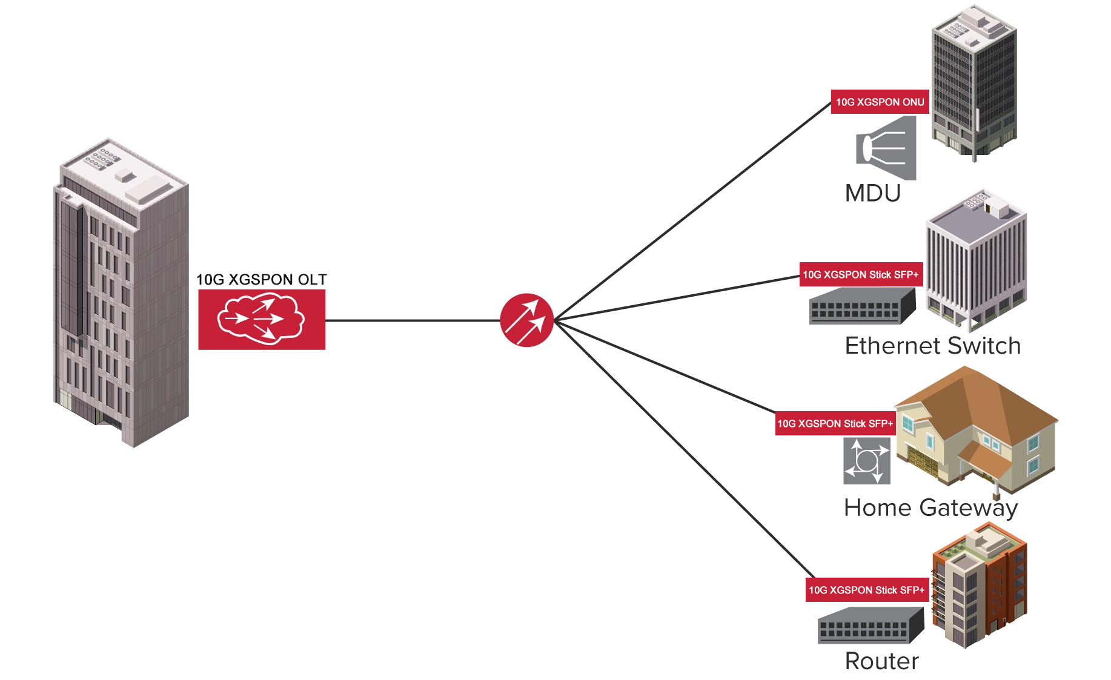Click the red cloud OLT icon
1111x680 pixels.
pos(262,319)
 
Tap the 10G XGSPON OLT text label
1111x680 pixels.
pos(262,280)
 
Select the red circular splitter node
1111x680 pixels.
pos(526,320)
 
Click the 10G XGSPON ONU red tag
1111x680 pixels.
pos(880,102)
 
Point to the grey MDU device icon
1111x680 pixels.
pos(886,148)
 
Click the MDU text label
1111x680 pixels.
pos(873,194)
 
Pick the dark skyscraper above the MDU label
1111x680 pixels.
pos(974,82)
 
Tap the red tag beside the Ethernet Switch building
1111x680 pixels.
pos(860,275)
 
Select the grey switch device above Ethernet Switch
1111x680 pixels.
pos(862,306)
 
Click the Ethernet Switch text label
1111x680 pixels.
pos(933,346)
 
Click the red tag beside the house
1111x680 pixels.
pos(835,424)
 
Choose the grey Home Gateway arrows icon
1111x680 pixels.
pos(867,461)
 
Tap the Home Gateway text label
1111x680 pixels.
pos(930,508)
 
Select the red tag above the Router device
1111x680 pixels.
pos(866,590)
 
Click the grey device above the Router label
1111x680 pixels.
pos(871,626)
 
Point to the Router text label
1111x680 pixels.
pos(882,661)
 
